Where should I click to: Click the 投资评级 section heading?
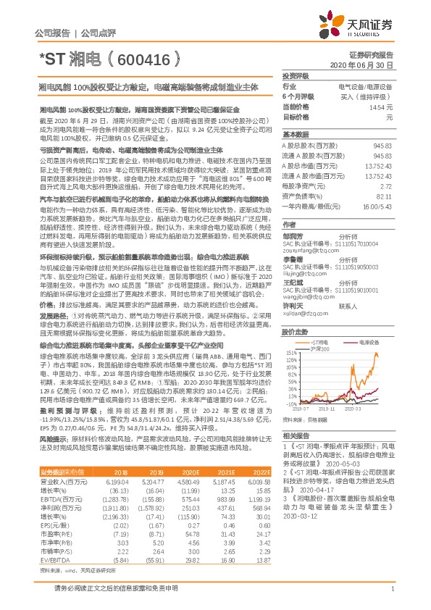pos(296,75)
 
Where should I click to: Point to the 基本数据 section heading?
pos(296,135)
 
